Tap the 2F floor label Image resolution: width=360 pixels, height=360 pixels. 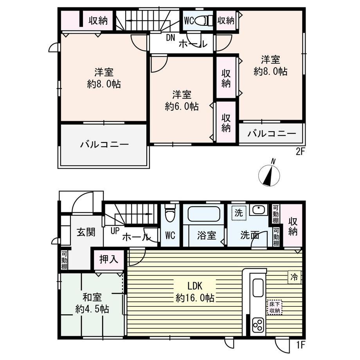[x=300, y=151]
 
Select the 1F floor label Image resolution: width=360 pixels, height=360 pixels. [x=300, y=345]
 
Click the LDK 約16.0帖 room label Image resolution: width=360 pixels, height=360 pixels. [x=195, y=292]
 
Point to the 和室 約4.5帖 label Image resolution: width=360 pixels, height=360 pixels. [x=92, y=303]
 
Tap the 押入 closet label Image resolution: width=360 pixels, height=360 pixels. [x=109, y=259]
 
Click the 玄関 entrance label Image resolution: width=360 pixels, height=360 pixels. [x=86, y=232]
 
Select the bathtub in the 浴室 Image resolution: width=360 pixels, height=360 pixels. [x=204, y=214]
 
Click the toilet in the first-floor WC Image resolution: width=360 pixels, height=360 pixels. [x=170, y=213]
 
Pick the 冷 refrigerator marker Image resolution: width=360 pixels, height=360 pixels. [x=294, y=277]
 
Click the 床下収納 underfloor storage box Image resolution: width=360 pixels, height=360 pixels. [x=275, y=308]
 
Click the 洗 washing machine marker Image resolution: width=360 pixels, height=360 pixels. [x=239, y=213]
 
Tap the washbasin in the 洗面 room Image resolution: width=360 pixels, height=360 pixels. [x=259, y=209]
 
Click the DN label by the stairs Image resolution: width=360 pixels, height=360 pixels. [x=170, y=38]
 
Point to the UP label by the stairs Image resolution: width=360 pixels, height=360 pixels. [x=115, y=231]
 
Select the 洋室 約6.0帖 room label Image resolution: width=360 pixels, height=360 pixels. [x=182, y=101]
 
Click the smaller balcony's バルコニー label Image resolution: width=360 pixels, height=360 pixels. [x=272, y=133]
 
